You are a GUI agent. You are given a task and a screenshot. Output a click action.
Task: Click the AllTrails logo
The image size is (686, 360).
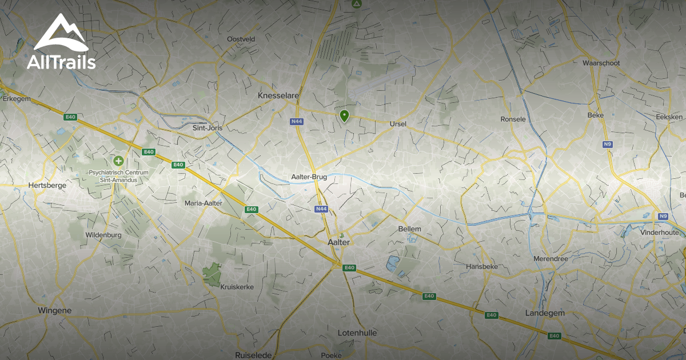pos(61,42)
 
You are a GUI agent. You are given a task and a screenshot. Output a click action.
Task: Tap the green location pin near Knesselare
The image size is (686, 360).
pos(344,116)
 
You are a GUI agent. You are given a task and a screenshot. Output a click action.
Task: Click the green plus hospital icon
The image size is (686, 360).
pos(118,161)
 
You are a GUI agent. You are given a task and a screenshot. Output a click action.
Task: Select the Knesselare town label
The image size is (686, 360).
pos(278,95)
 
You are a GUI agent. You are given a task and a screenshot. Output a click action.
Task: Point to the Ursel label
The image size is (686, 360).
pos(397,123)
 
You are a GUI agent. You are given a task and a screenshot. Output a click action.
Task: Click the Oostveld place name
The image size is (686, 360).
pos(241,39)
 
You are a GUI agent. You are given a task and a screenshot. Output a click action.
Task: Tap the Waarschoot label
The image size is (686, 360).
pos(601,63)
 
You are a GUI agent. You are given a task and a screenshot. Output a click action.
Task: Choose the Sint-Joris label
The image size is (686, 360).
pos(207,128)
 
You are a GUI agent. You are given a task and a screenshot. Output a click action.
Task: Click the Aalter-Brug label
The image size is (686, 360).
pos(309,177)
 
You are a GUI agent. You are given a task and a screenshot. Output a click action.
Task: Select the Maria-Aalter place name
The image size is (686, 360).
pos(203,203)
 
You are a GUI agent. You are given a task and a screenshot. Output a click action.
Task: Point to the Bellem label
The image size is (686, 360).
pos(409,229)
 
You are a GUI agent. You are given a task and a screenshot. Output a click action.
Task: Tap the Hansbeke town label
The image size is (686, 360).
pos(481,267)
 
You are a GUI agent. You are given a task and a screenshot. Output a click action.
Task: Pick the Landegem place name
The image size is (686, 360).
pos(545,313)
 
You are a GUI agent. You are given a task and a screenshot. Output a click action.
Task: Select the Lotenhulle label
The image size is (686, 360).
pos(357,333)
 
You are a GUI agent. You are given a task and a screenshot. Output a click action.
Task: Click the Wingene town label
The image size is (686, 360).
pos(55,310)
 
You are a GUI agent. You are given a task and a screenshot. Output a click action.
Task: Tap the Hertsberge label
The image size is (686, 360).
pos(47,185)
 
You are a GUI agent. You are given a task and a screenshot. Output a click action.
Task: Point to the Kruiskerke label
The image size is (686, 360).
pos(237,286)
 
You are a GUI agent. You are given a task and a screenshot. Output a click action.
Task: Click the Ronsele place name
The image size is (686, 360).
pos(513,119)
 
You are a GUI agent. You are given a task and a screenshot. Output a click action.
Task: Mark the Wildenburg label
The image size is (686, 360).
pos(103,235)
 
